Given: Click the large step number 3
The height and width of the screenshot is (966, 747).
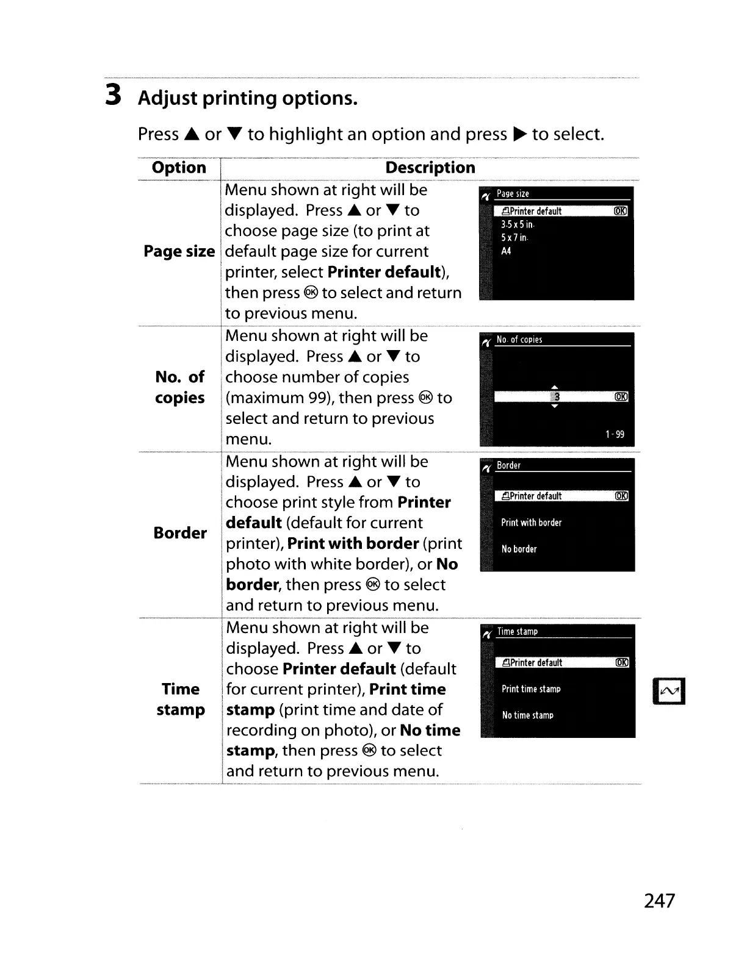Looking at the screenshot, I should pyautogui.click(x=112, y=95).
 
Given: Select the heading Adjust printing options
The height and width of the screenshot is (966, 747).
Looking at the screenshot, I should pyautogui.click(x=247, y=98).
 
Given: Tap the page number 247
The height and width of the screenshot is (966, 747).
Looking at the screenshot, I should pyautogui.click(x=659, y=901).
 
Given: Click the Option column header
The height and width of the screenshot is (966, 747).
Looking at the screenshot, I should pyautogui.click(x=179, y=168).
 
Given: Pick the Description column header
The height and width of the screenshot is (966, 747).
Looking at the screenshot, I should pyautogui.click(x=430, y=168).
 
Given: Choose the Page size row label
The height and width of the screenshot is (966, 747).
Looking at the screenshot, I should pyautogui.click(x=179, y=251).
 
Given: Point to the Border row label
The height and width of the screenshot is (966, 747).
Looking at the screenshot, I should pyautogui.click(x=180, y=533).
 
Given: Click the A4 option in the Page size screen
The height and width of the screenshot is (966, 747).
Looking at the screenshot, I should pyautogui.click(x=506, y=251).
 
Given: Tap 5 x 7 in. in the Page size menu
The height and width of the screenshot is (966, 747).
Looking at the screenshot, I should pyautogui.click(x=514, y=238).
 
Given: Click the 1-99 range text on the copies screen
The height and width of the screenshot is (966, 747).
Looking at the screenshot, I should pyautogui.click(x=615, y=434).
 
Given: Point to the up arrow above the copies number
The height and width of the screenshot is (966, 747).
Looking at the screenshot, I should pyautogui.click(x=555, y=387).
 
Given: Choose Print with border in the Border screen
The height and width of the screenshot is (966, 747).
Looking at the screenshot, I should pyautogui.click(x=531, y=523).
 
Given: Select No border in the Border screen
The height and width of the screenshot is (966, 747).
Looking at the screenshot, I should pyautogui.click(x=519, y=549).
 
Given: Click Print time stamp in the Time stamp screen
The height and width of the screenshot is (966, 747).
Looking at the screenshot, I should pyautogui.click(x=531, y=689).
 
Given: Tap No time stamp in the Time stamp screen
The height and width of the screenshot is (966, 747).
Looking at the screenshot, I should pyautogui.click(x=527, y=715).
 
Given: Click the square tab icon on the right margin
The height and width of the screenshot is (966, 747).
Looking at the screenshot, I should pyautogui.click(x=669, y=691).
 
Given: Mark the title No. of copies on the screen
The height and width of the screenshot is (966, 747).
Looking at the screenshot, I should pyautogui.click(x=519, y=340).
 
